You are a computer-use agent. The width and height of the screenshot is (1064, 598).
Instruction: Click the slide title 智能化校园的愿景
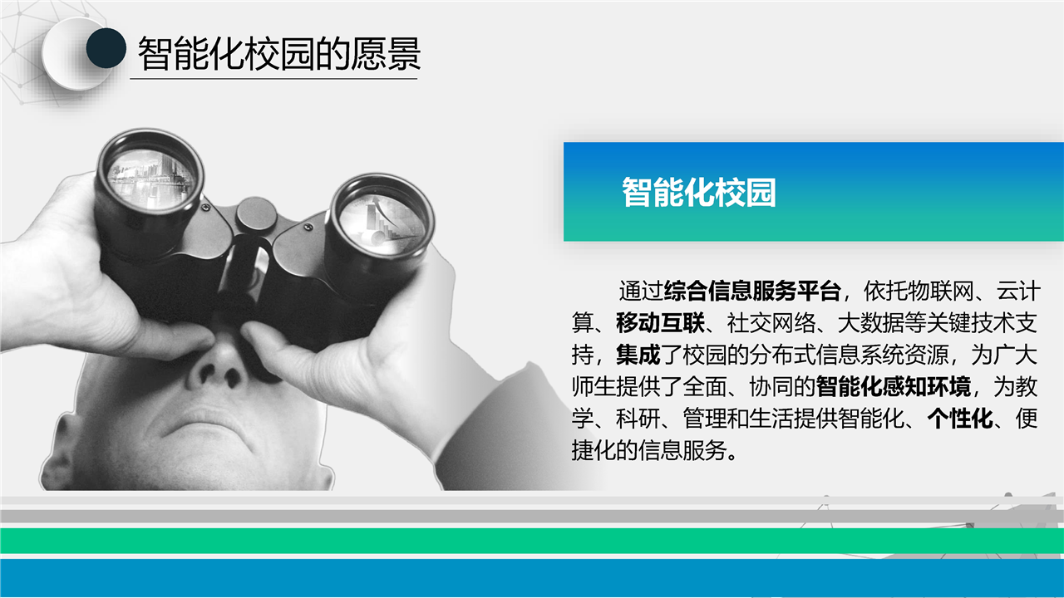(x=278, y=54)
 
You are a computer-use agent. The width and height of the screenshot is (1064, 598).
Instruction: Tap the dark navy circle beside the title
(x=106, y=48)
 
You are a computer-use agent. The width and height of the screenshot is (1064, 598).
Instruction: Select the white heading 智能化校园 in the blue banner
(x=699, y=192)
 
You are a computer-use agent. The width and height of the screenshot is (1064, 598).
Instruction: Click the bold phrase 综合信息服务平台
(x=752, y=291)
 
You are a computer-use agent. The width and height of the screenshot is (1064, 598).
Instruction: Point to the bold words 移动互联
(x=660, y=323)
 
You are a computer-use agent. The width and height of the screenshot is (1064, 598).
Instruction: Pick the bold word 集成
(x=638, y=355)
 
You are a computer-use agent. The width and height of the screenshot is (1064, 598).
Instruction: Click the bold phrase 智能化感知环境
(x=894, y=386)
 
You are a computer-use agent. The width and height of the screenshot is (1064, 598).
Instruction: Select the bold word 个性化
(x=960, y=419)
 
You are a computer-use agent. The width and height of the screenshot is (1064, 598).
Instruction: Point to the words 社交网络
(x=771, y=323)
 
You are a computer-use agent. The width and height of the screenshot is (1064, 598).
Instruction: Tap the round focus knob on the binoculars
(x=257, y=215)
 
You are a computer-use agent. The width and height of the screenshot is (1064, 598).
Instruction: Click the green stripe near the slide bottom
(x=532, y=541)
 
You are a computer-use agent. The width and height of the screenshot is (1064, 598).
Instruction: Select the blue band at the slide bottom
(x=532, y=577)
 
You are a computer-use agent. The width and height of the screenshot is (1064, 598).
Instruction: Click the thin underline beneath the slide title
(x=273, y=79)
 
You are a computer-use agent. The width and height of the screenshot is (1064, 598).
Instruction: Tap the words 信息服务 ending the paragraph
(x=682, y=450)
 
